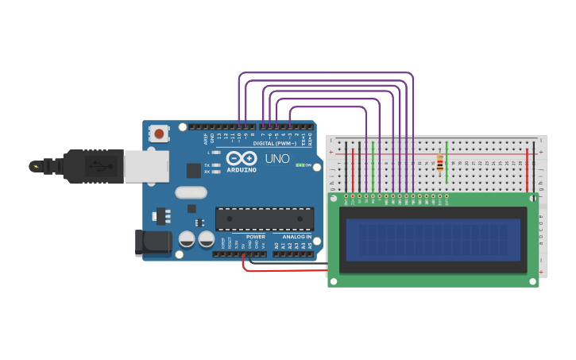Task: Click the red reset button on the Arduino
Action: click(x=160, y=134)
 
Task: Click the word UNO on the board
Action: click(x=277, y=159)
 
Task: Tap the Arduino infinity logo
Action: click(x=242, y=157)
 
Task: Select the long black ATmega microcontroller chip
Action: click(x=264, y=219)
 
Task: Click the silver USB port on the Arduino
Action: click(x=146, y=166)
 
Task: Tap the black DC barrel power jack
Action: click(x=153, y=243)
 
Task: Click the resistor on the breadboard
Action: click(x=440, y=164)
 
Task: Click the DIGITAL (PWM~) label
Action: click(x=274, y=143)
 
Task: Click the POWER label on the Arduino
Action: click(x=255, y=237)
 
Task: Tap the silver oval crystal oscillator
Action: click(x=191, y=192)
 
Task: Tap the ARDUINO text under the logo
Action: click(x=242, y=170)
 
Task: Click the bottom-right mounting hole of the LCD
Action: click(x=533, y=281)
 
